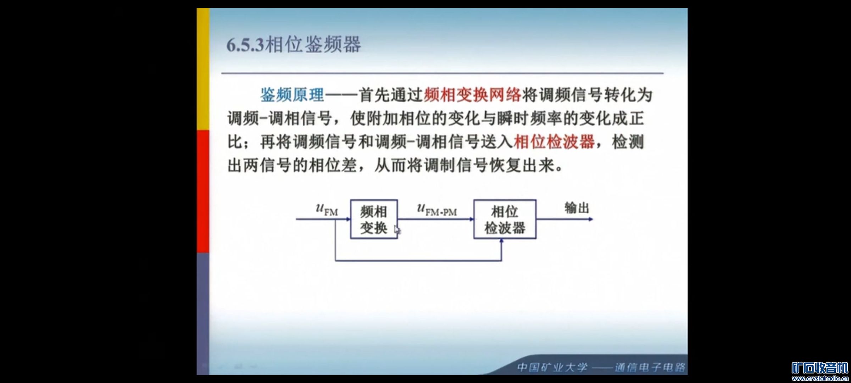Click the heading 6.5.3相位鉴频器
[294, 45]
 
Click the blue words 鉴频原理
[292, 95]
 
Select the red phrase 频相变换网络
[472, 95]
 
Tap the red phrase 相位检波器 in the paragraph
[554, 142]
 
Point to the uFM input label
[327, 209]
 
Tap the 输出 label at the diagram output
[577, 208]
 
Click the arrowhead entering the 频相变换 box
[348, 219]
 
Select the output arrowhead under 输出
[591, 219]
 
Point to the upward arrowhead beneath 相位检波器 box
[501, 241]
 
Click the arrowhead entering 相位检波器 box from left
[472, 219]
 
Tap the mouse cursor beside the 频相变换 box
[397, 230]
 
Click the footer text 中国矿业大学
[552, 367]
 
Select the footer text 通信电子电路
[650, 367]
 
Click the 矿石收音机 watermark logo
[820, 368]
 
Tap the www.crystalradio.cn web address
[820, 378]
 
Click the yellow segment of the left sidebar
[203, 69]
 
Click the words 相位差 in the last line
[333, 165]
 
